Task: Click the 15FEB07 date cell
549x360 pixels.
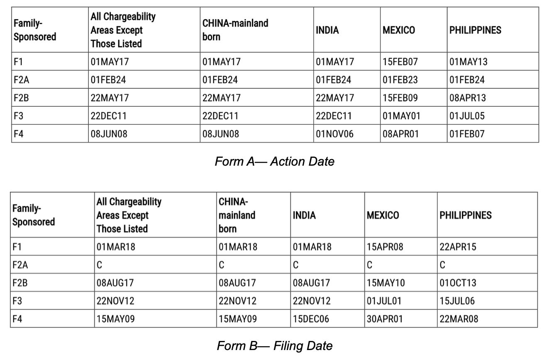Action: pyautogui.click(x=400, y=62)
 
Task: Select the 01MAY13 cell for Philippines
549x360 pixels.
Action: pyautogui.click(x=468, y=62)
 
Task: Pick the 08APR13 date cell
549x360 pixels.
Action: pyautogui.click(x=468, y=98)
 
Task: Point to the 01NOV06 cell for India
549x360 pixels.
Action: pyautogui.click(x=335, y=134)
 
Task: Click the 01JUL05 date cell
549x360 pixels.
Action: pyautogui.click(x=467, y=116)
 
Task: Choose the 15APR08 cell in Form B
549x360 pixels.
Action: pyautogui.click(x=385, y=247)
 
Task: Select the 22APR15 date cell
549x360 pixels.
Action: pyautogui.click(x=458, y=247)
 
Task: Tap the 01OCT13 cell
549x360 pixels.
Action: pyautogui.click(x=458, y=283)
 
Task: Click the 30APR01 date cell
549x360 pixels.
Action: pyautogui.click(x=385, y=319)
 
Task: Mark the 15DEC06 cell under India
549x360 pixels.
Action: pyautogui.click(x=312, y=319)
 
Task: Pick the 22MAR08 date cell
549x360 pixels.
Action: pyautogui.click(x=458, y=319)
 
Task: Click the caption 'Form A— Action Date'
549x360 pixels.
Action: pyautogui.click(x=274, y=162)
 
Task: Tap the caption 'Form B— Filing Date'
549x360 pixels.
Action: pyautogui.click(x=274, y=345)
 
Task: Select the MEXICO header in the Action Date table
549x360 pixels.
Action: pyautogui.click(x=399, y=30)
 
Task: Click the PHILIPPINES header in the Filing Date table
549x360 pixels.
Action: pyautogui.click(x=466, y=215)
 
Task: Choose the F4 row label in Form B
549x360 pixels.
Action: pyautogui.click(x=17, y=319)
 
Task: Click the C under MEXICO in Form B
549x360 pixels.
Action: pyautogui.click(x=370, y=265)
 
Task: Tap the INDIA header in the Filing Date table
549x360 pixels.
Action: pyautogui.click(x=304, y=215)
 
